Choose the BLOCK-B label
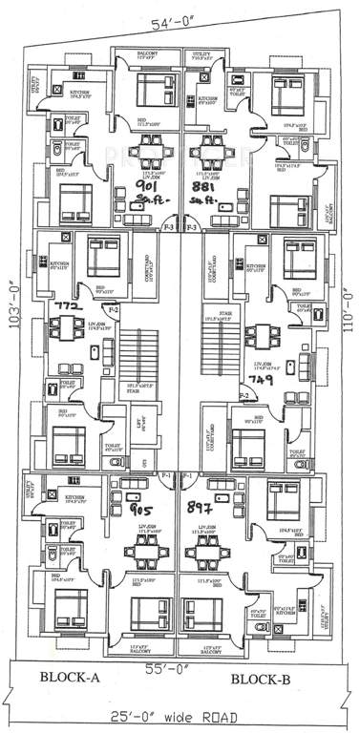tap(265, 679)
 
